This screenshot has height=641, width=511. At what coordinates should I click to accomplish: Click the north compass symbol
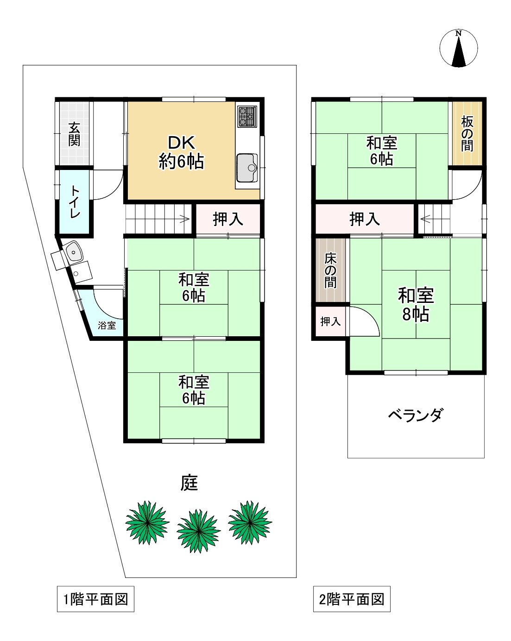[458, 48]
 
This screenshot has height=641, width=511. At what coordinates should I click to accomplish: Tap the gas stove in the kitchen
[247, 116]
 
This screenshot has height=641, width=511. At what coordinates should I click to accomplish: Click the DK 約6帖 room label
[181, 152]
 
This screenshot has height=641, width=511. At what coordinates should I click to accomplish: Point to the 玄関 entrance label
[74, 134]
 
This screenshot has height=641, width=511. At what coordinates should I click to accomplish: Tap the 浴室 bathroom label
[107, 325]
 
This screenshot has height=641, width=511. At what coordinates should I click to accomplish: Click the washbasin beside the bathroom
[74, 252]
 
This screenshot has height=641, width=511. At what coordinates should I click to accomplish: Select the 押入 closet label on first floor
[228, 219]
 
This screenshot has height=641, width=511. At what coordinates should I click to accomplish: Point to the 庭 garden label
[189, 483]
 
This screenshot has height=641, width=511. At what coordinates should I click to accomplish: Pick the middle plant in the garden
[198, 530]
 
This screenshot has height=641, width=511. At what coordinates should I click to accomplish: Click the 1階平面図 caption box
[95, 599]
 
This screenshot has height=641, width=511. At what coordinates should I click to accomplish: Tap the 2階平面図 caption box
[352, 599]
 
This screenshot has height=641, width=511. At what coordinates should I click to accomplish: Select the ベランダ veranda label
[415, 415]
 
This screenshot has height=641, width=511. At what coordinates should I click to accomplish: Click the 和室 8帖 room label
[416, 304]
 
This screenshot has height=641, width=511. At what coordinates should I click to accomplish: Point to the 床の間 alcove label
[330, 270]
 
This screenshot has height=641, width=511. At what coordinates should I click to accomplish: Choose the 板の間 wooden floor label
[467, 133]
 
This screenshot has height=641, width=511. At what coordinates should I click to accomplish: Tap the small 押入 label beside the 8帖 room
[330, 321]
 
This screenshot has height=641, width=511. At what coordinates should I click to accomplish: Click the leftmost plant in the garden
[147, 522]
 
